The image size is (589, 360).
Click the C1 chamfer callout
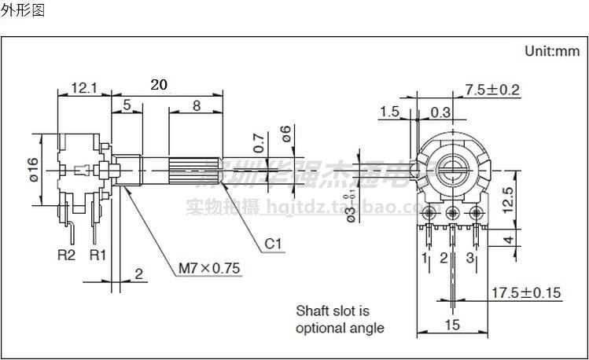[x=272, y=244]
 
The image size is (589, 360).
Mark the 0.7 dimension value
[x=259, y=142]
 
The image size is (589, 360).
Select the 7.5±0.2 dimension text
[x=493, y=90]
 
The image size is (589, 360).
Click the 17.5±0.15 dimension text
[x=526, y=293]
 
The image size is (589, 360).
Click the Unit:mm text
[x=551, y=51]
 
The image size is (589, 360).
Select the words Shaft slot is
[x=332, y=311]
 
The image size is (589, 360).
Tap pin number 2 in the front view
[x=444, y=258]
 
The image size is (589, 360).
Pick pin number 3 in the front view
[x=469, y=258]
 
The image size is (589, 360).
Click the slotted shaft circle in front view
[x=453, y=167]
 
